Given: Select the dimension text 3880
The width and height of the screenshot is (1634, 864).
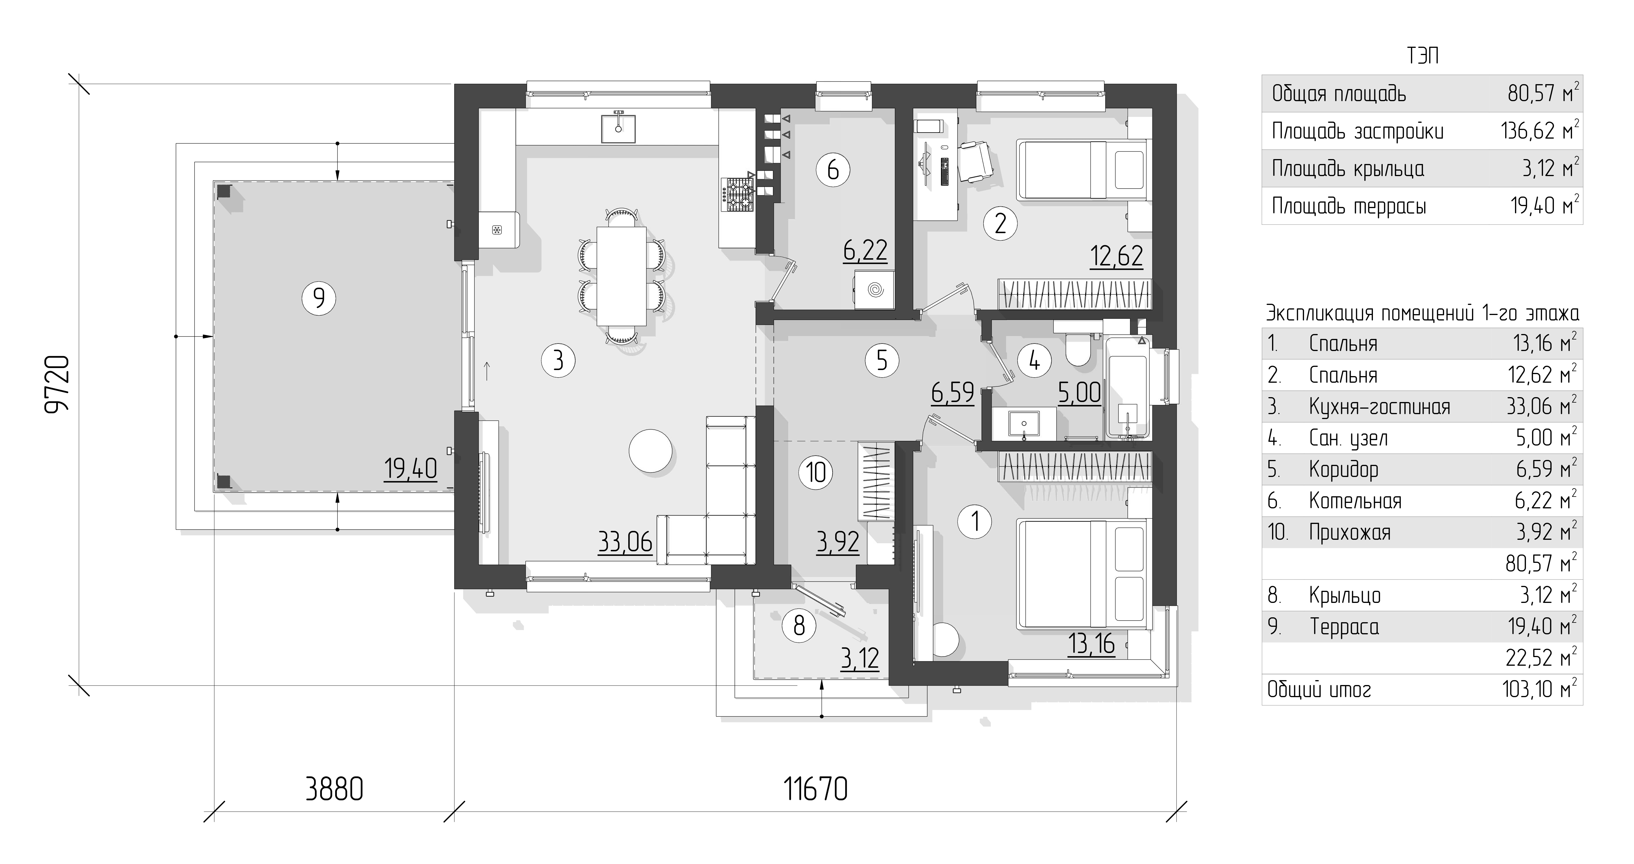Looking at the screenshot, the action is (x=334, y=790).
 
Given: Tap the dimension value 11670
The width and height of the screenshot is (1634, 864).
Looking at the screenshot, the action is (x=816, y=790).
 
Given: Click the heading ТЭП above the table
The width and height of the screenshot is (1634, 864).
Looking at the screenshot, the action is (x=1422, y=56).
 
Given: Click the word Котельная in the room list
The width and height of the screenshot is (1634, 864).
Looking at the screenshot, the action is (x=1355, y=501).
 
